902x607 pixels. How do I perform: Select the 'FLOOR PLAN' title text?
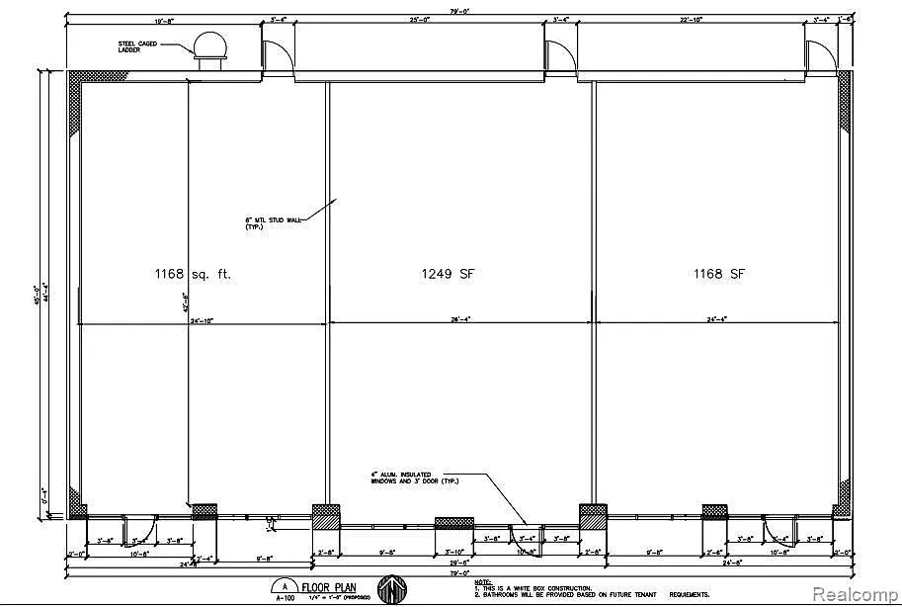[x=329, y=586]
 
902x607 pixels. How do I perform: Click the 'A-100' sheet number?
[x=285, y=597]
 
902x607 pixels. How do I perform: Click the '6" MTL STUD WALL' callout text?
[x=267, y=223]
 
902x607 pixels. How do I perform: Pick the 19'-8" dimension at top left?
[x=165, y=20]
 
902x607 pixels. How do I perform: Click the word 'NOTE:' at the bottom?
[x=482, y=581]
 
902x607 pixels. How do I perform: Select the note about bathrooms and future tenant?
[x=591, y=594]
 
